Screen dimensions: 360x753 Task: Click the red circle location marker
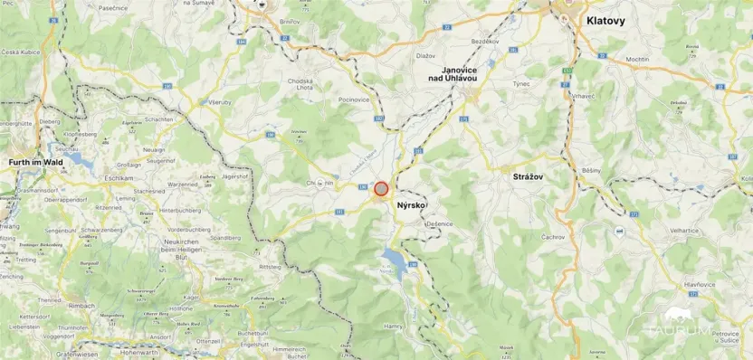[381, 189]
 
